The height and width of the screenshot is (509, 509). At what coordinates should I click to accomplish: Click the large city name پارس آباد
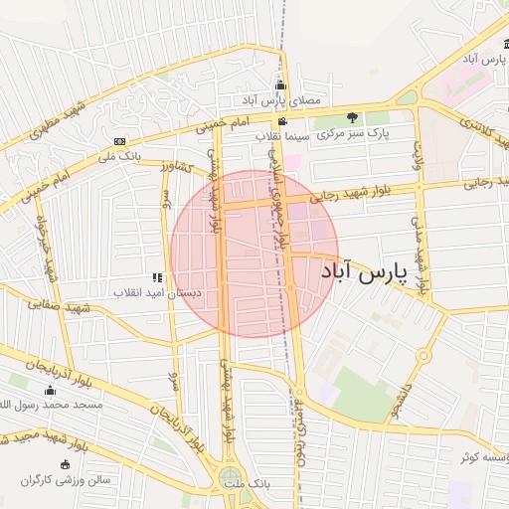click(x=365, y=272)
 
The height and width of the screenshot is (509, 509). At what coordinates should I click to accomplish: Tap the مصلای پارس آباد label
click(x=280, y=101)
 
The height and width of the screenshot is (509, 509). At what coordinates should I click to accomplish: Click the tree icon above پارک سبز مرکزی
click(x=352, y=116)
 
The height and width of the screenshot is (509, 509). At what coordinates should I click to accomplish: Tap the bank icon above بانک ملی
click(x=120, y=141)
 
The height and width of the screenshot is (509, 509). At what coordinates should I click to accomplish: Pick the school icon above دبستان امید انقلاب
click(x=156, y=278)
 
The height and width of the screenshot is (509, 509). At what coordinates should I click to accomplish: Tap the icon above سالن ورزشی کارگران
click(x=67, y=464)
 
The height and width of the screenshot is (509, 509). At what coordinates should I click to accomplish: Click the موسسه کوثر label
click(x=484, y=458)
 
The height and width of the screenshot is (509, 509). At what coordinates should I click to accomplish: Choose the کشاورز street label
click(x=177, y=167)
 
